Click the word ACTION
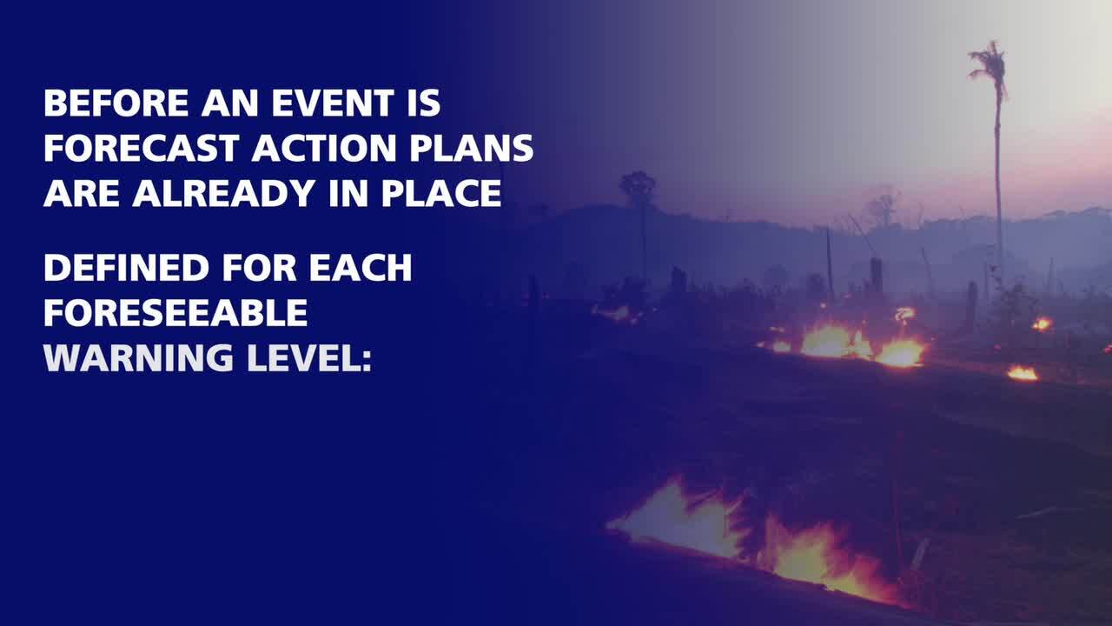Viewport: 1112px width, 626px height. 324,148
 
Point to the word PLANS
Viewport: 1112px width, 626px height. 472,148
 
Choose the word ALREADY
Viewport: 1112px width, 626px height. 224,193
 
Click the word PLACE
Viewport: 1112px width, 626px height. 441,193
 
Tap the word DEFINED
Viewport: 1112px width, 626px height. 127,268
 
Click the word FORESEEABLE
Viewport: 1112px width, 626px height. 175,312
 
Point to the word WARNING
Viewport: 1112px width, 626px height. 138,357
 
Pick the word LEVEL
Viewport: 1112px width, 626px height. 303,357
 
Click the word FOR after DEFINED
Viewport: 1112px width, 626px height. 259,268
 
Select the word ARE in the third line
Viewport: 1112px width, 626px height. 82,193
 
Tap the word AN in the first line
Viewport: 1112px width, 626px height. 230,103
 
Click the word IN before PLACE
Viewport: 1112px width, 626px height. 348,193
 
